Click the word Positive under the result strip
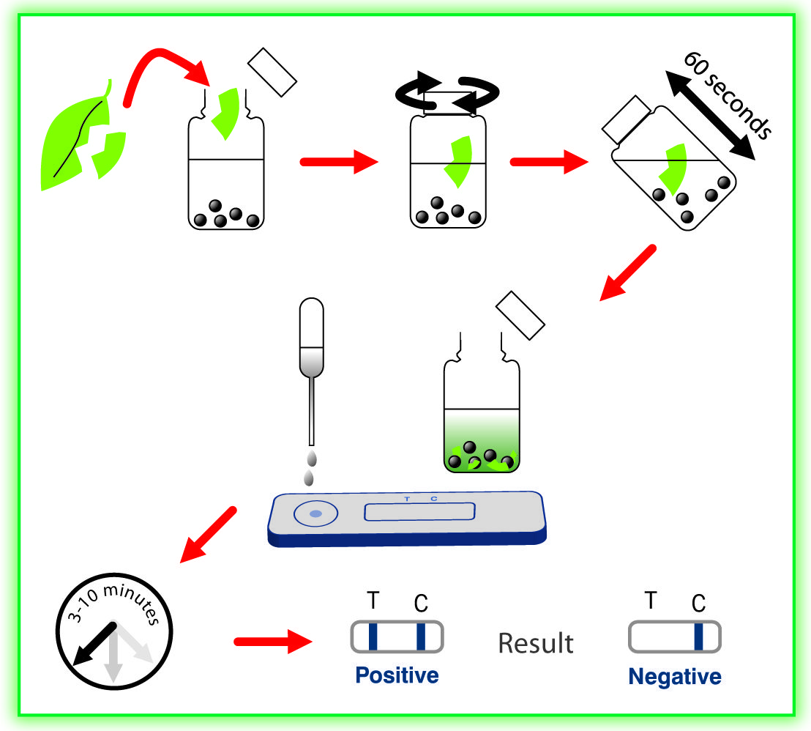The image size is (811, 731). coord(397,675)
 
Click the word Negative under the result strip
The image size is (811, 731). coord(674,676)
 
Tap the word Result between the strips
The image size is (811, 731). coord(536,643)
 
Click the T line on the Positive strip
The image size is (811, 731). coord(373,636)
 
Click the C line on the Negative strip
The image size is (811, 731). coord(698,636)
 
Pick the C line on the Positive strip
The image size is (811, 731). coord(421,636)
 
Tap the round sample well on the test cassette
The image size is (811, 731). coord(315,514)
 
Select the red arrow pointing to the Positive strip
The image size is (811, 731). coord(272,642)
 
